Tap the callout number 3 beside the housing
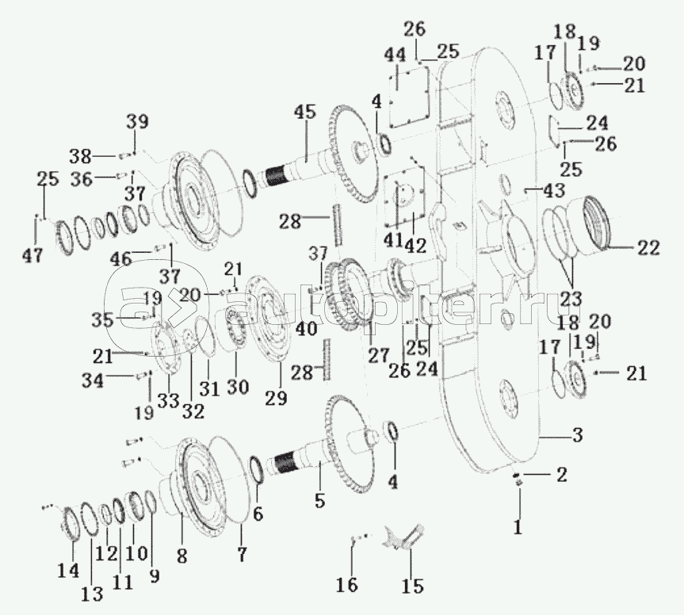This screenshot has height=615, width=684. click(x=578, y=434)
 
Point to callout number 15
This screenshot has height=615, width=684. click(x=411, y=586)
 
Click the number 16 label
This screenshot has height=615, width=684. click(x=347, y=585)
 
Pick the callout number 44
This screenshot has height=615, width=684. click(x=395, y=55)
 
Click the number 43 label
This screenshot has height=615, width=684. click(x=553, y=191)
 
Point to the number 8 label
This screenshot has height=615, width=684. click(x=182, y=556)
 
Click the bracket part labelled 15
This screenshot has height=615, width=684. click(x=404, y=538)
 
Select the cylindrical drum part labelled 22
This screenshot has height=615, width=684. click(x=600, y=224)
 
